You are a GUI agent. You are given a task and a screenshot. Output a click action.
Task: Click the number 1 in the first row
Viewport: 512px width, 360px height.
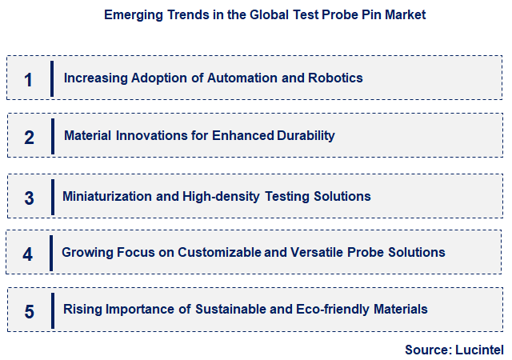(28, 79)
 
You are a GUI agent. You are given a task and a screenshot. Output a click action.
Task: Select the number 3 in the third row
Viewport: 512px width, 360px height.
(29, 198)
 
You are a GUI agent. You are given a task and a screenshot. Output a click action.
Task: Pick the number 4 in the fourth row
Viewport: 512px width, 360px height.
(28, 254)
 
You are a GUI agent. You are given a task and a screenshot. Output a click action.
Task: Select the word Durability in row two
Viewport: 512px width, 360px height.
(305, 135)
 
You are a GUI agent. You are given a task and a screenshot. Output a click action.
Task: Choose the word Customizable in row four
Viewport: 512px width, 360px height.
(220, 252)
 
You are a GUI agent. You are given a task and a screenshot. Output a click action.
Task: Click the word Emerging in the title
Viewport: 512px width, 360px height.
(131, 14)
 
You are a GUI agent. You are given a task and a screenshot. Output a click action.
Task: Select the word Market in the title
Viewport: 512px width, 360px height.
(404, 14)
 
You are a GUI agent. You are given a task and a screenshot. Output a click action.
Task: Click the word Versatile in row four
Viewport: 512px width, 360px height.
(320, 252)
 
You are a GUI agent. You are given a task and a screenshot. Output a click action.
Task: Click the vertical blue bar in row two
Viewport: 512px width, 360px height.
(53, 135)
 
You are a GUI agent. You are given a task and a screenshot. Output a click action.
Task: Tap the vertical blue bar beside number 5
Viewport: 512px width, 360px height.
(53, 310)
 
